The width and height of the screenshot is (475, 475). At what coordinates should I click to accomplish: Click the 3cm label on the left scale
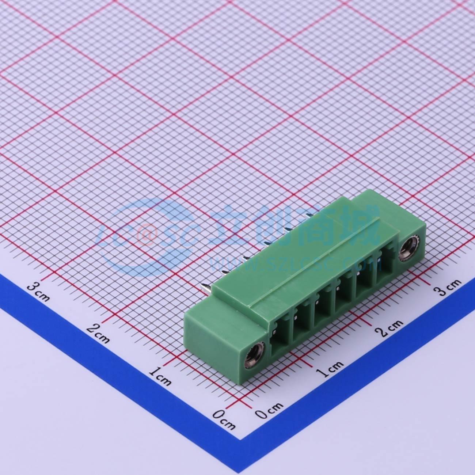coord(38,293)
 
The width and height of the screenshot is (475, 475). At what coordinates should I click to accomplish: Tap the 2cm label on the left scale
coord(98,334)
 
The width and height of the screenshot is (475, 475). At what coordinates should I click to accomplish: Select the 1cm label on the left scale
coord(160,376)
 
